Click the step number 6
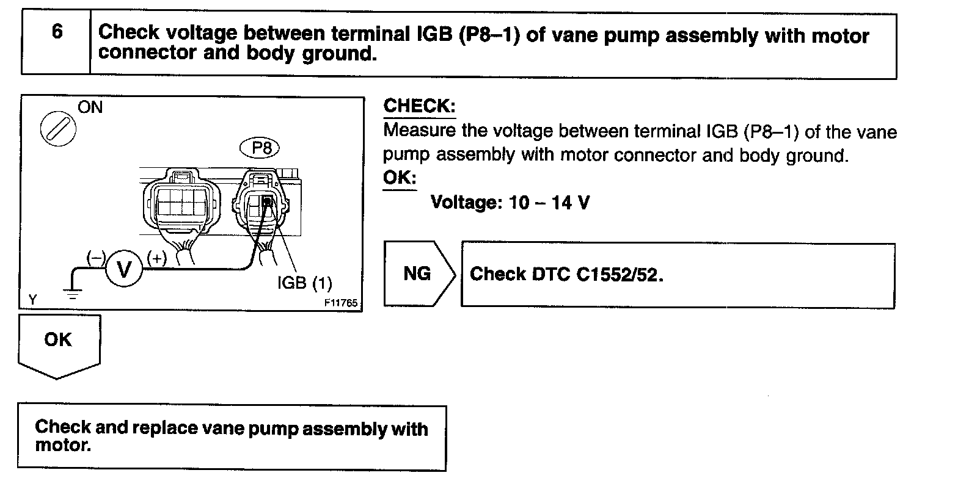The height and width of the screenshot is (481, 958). click(x=57, y=32)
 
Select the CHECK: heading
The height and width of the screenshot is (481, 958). click(x=419, y=106)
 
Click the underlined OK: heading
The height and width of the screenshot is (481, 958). click(x=400, y=178)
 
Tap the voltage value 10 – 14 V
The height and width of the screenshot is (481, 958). click(x=549, y=202)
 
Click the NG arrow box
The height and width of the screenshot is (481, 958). click(x=419, y=273)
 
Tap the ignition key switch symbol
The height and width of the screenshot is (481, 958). click(x=58, y=129)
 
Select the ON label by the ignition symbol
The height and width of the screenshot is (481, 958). click(x=90, y=108)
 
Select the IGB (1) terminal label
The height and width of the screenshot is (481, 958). click(x=304, y=283)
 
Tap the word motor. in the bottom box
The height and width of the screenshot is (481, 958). click(x=64, y=446)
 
